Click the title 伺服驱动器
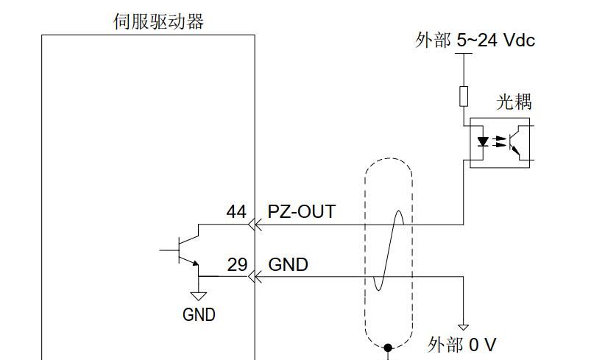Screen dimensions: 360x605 [158, 21]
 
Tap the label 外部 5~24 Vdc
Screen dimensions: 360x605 [475, 40]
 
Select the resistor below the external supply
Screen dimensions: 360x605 [464, 96]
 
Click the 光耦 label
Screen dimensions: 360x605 [514, 102]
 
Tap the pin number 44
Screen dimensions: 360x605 [236, 212]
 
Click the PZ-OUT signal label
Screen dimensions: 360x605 [301, 212]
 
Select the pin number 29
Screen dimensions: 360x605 [236, 264]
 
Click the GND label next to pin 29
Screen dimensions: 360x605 [288, 264]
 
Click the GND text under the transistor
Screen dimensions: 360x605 [199, 315]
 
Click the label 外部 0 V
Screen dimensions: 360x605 [461, 345]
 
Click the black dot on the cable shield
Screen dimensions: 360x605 [389, 346]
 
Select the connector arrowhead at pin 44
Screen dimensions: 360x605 [254, 224]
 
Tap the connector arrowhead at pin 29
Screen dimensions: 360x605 [254, 277]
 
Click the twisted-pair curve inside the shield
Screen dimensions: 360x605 [389, 250]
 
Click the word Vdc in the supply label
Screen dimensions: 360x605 [520, 40]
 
